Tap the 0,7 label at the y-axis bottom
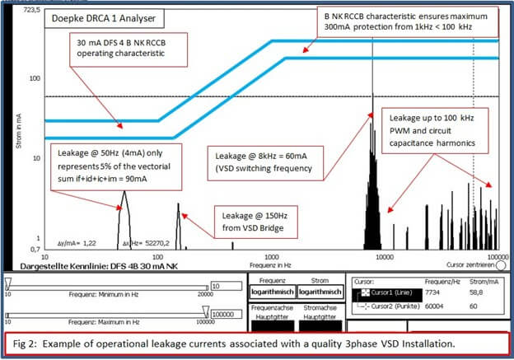click(35, 249)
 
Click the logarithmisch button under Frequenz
click(271, 291)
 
